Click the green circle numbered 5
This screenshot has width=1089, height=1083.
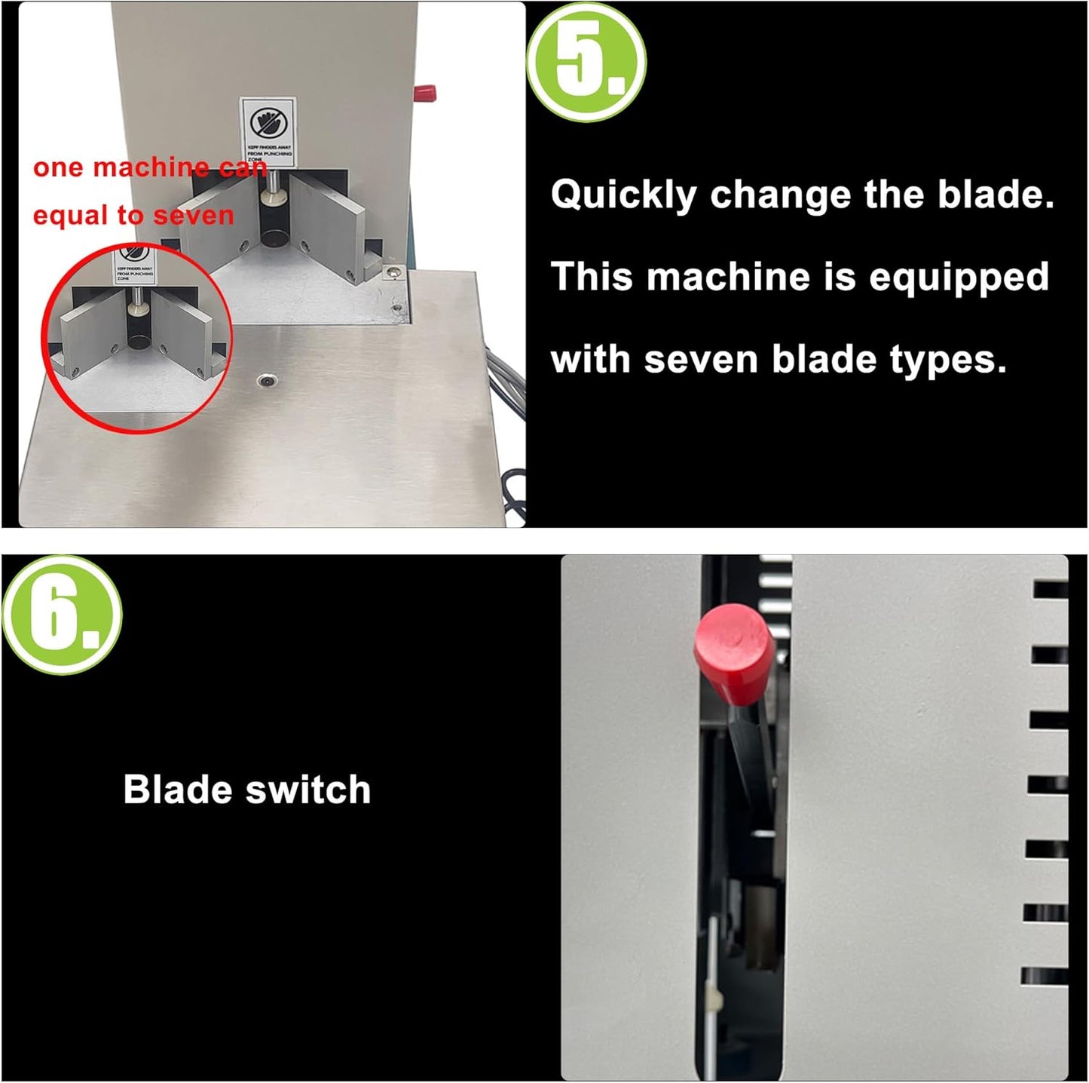click(586, 62)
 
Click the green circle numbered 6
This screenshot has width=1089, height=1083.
click(62, 615)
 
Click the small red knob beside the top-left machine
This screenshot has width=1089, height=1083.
click(424, 94)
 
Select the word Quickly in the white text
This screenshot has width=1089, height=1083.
click(623, 195)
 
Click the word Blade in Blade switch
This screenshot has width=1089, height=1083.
click(177, 790)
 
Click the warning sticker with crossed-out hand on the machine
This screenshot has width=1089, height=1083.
click(268, 131)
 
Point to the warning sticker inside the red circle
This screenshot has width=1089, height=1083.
click(134, 265)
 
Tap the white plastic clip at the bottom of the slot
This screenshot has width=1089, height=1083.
click(714, 1000)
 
